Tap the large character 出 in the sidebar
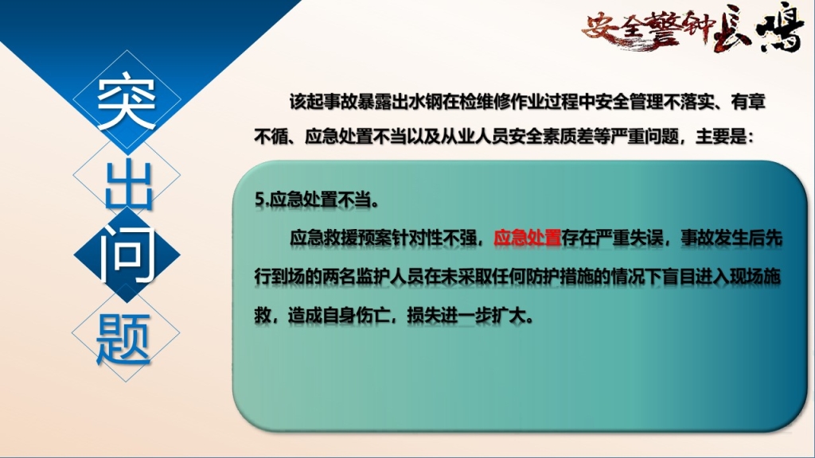[128, 184]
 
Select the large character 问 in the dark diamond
[127, 255]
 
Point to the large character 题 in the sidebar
[123, 338]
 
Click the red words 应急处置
[527, 238]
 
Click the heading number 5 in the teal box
[259, 200]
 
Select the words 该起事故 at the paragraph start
[323, 101]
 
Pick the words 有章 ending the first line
[748, 101]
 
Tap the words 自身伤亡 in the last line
[356, 315]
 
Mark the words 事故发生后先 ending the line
[731, 238]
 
